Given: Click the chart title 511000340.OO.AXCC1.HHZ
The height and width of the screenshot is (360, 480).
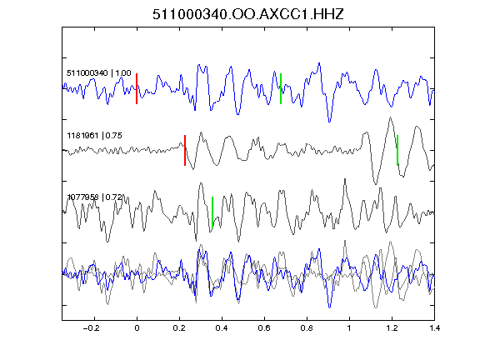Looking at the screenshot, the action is click(248, 14).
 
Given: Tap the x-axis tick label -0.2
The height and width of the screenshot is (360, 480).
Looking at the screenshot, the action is click(91, 327).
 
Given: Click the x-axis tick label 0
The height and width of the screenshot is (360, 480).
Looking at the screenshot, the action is click(137, 327).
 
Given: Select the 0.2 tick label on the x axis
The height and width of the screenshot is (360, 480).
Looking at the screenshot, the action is click(179, 327).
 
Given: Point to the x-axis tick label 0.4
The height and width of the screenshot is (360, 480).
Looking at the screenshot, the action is click(222, 327).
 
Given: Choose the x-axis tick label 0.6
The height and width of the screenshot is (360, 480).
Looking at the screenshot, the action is click(264, 327).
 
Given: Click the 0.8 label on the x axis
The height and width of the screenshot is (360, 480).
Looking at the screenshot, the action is click(307, 327).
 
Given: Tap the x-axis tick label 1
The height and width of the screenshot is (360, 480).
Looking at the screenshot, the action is click(349, 327).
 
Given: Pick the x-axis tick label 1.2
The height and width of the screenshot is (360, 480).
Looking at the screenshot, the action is click(392, 327).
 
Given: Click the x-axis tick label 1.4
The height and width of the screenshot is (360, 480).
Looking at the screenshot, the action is click(434, 327).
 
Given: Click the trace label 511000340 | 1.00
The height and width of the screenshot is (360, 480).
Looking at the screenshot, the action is click(99, 73).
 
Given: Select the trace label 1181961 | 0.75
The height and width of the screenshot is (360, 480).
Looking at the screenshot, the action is click(94, 135).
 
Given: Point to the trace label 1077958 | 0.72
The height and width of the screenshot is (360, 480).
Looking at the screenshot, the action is click(95, 197).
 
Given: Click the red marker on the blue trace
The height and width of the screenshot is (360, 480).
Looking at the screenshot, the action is click(137, 89).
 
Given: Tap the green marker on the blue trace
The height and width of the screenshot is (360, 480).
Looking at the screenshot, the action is click(281, 89).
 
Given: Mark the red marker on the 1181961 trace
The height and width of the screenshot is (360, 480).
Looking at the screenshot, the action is click(185, 150).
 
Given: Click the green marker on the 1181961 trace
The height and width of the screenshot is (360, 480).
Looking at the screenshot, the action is click(397, 150).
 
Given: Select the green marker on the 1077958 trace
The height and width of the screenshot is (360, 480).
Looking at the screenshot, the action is click(212, 212).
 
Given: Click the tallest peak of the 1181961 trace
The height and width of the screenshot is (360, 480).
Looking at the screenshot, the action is click(390, 117).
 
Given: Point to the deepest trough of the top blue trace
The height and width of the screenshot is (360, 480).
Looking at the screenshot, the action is click(329, 122).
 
